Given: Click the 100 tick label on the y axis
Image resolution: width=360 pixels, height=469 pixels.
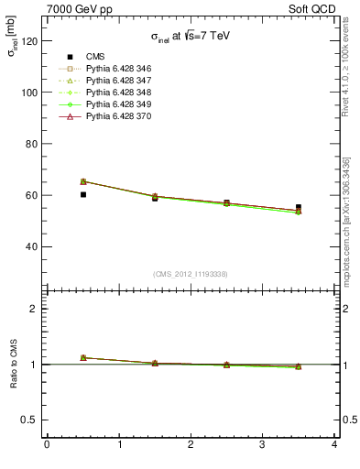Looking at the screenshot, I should click(30, 93).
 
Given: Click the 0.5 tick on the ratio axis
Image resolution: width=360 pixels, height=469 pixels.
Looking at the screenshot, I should click(30, 420).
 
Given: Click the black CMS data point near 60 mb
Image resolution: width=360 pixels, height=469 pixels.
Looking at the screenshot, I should click(83, 194).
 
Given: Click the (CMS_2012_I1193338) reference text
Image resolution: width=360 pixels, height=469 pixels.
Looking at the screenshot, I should click(191, 274).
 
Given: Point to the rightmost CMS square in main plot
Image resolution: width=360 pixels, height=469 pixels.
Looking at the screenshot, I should click(299, 207).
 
